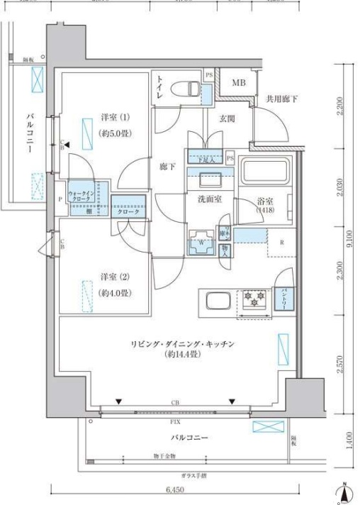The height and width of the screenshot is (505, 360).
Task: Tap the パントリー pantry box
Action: tap(284, 292)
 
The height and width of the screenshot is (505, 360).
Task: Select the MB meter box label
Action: tap(240, 83)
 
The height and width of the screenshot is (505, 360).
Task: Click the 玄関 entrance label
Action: tap(227, 119)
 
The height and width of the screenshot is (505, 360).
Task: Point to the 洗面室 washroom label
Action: tap(210, 199)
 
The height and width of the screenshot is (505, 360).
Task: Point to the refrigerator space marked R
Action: tap(282, 243)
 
